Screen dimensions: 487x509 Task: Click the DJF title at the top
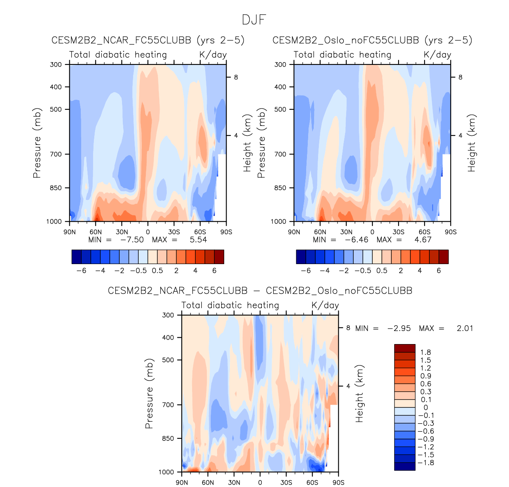[254, 20]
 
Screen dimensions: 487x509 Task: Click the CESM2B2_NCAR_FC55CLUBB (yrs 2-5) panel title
[148, 40]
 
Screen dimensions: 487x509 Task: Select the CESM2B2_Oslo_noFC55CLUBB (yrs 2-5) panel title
[372, 40]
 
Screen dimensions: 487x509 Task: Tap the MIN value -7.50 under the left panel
[132, 240]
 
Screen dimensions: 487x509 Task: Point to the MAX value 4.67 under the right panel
[423, 240]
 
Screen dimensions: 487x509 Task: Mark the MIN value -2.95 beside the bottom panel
[399, 328]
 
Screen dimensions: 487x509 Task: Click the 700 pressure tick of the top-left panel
[56, 154]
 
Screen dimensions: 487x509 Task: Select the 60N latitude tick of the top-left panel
[95, 232]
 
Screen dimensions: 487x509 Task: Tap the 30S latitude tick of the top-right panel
[398, 232]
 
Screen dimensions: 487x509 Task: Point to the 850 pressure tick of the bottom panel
[168, 438]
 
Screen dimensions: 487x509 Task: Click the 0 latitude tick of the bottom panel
[260, 482]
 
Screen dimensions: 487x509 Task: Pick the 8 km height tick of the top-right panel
[460, 77]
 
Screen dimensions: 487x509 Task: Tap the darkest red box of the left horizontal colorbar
[219, 257]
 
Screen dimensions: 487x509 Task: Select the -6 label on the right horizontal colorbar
[306, 271]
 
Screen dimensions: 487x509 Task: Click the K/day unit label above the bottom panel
[325, 305]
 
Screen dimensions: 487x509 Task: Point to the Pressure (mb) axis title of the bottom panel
[149, 394]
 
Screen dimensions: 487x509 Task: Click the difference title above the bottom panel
[260, 291]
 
